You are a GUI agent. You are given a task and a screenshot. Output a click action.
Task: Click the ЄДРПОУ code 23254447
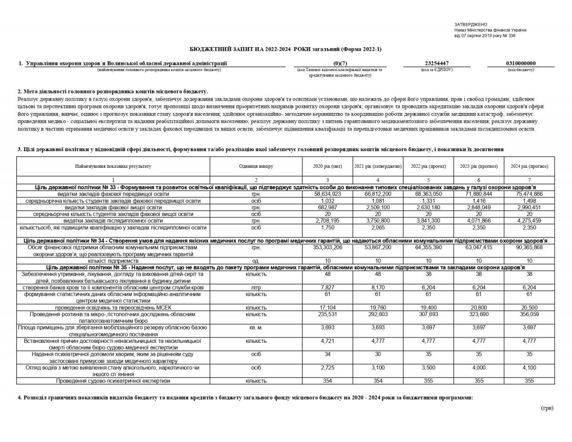point(437,63)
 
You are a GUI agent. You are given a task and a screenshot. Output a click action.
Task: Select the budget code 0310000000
point(521,63)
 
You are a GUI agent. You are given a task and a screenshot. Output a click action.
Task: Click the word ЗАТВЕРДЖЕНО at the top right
point(470,24)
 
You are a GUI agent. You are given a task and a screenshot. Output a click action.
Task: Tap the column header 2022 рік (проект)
point(428,166)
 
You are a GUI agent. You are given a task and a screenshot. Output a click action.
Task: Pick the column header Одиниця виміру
point(256,166)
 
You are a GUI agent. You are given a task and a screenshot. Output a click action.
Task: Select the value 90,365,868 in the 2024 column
point(529,247)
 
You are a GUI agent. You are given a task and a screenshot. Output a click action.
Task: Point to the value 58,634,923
point(327,194)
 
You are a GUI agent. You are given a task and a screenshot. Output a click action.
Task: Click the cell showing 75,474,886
point(529,194)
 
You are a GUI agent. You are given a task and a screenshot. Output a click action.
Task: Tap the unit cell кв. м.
point(256,328)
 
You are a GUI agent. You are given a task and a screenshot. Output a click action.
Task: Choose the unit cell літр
point(256,288)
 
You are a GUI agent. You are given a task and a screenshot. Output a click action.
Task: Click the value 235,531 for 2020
point(327,314)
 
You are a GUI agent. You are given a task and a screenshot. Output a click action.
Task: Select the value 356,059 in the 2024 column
point(529,314)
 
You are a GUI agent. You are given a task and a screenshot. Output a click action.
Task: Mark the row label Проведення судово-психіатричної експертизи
point(113,381)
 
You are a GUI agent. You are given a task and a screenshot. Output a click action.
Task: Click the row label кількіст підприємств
point(113,261)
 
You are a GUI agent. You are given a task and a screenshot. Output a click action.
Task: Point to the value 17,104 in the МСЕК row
point(327,308)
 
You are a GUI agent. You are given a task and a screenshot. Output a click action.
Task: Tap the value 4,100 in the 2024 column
point(529,368)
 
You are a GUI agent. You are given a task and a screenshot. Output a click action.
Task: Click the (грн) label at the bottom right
point(547,408)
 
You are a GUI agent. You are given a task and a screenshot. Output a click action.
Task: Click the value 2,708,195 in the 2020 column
point(327,221)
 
